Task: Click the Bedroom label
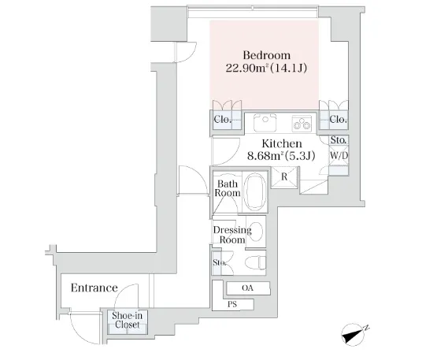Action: [x=266, y=55]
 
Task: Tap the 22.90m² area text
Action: [x=246, y=68]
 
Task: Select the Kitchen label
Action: [x=282, y=143]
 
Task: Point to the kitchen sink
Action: [x=265, y=123]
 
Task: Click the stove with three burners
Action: [x=302, y=124]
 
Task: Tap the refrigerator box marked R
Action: [x=284, y=176]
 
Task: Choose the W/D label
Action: [x=339, y=155]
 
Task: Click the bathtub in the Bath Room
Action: [x=255, y=191]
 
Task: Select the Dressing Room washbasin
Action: [x=256, y=231]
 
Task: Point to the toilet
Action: [x=255, y=262]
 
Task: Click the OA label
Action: [x=247, y=288]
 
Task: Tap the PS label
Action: [x=232, y=304]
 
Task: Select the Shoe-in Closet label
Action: [x=127, y=320]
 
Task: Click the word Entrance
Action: [x=94, y=288]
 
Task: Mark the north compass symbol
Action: [x=353, y=334]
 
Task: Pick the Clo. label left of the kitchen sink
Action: [x=223, y=119]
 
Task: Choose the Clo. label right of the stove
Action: [x=339, y=119]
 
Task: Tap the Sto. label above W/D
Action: [x=339, y=140]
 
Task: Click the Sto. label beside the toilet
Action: [x=220, y=262]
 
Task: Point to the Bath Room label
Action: [x=228, y=188]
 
